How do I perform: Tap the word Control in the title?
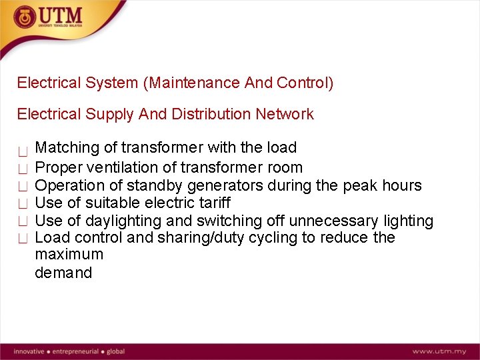click(301, 83)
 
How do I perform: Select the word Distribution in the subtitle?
click(211, 114)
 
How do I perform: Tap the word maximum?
click(69, 255)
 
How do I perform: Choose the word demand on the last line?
click(63, 273)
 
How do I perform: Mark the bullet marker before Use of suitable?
click(23, 203)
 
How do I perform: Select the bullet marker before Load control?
click(23, 239)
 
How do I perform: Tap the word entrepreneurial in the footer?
click(76, 351)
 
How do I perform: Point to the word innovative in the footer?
click(29, 351)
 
